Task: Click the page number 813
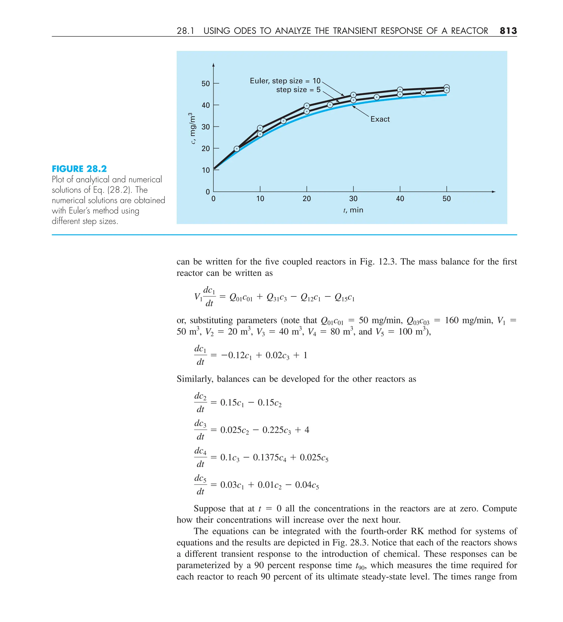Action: pos(508,31)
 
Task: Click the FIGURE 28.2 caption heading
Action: pos(79,169)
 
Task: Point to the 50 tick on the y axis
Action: pos(205,84)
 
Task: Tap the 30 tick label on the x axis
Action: pos(353,199)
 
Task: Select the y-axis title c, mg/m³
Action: pos(192,128)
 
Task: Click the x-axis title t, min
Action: pos(353,210)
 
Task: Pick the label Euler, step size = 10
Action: pos(285,81)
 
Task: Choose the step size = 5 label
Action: pos(298,90)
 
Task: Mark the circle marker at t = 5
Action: pos(237,149)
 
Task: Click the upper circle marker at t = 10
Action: pos(260,128)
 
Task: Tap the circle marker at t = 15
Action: pos(283,121)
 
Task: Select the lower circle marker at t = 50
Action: pos(446,90)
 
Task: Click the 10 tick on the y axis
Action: pos(205,170)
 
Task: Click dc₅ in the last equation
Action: pos(200,478)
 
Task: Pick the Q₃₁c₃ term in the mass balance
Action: pos(276,298)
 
